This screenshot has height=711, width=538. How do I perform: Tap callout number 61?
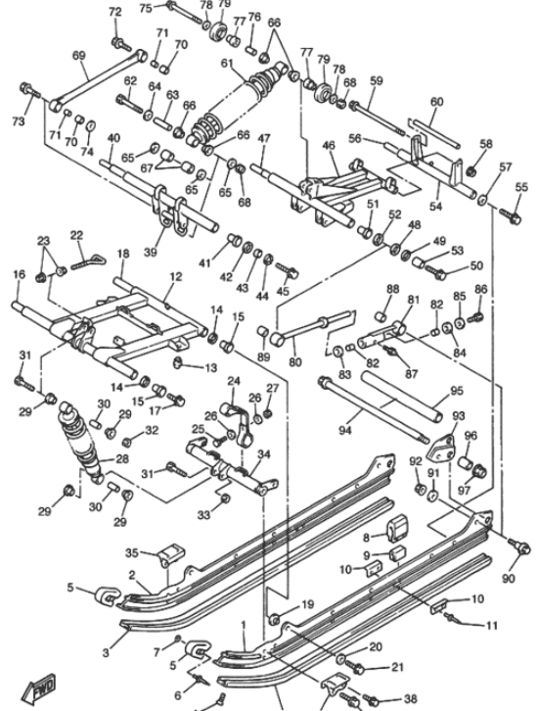227,65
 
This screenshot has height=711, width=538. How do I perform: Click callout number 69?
80,56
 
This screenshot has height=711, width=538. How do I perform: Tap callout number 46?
329,146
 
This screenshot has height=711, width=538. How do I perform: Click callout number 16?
18,276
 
